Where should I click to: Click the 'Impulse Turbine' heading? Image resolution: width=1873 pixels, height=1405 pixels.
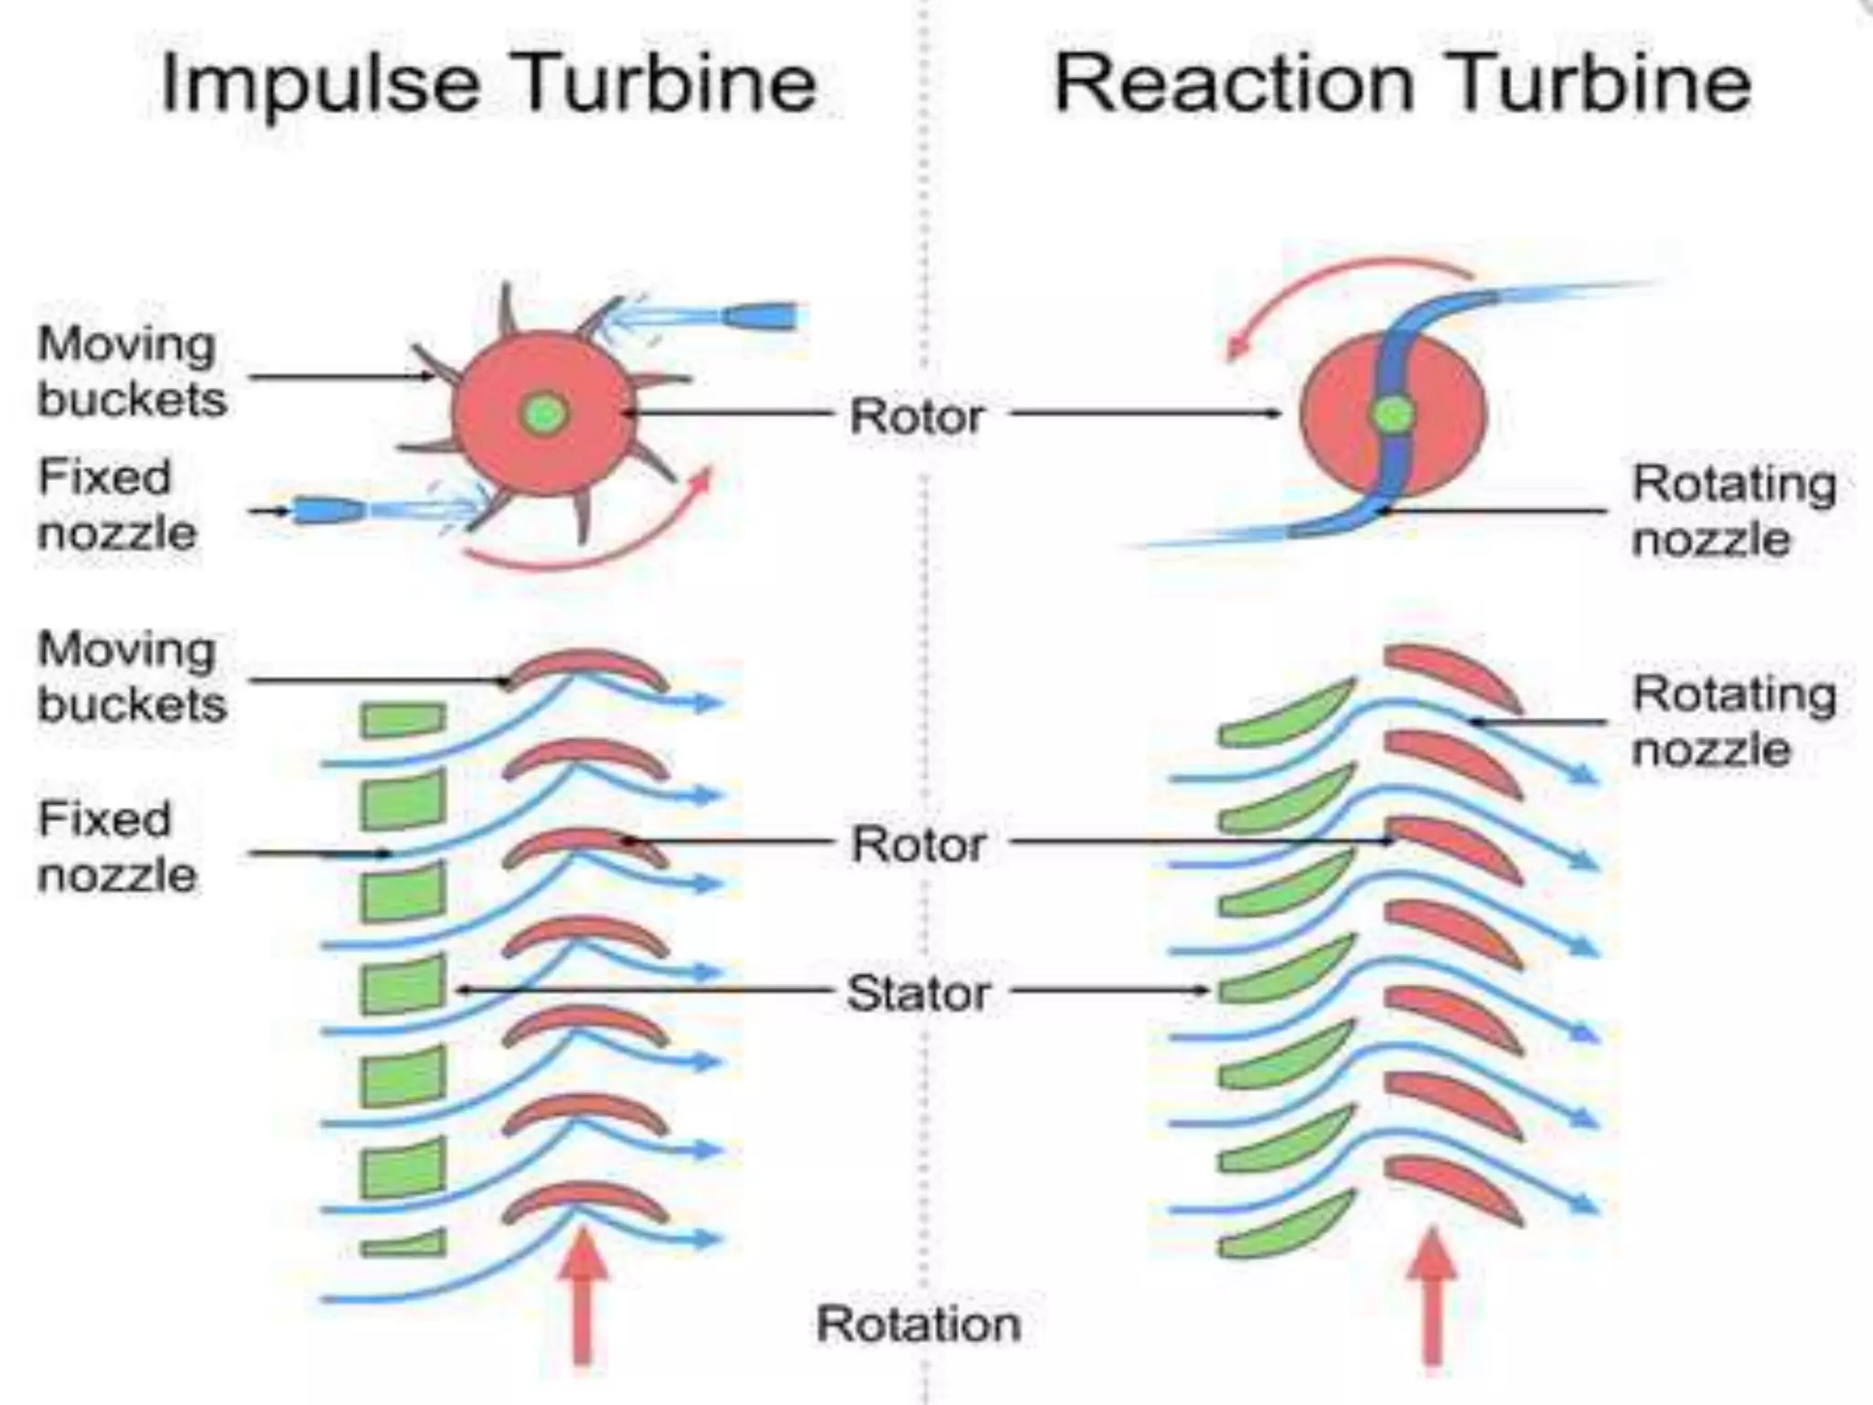[x=487, y=83]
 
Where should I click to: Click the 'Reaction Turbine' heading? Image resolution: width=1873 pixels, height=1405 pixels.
[x=1402, y=83]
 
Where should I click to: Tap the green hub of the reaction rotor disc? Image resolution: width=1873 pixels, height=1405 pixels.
[x=1393, y=415]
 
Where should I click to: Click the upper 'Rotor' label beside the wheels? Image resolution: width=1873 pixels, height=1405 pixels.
[x=916, y=416]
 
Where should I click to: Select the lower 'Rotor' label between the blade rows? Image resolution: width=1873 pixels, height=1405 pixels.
[x=918, y=843]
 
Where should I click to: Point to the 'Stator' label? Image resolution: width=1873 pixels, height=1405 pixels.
[x=917, y=993]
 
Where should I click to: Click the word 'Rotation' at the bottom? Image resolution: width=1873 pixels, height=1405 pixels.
[x=918, y=1324]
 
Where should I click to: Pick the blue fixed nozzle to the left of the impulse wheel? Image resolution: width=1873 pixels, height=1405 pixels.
[x=326, y=509]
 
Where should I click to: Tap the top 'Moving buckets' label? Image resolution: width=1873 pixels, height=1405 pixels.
[x=130, y=371]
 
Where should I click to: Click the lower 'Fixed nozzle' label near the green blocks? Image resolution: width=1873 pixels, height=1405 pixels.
[x=116, y=846]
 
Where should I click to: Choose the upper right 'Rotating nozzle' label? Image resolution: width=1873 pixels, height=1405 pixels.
[x=1733, y=509]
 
